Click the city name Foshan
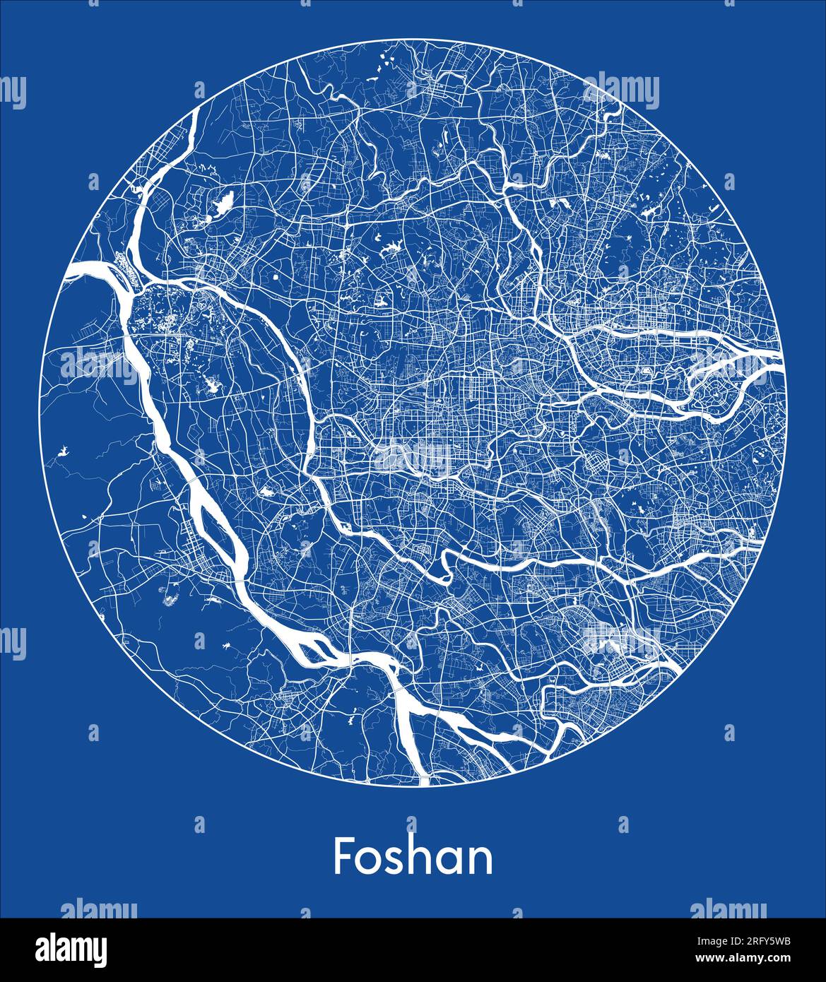point(413,856)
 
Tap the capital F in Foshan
point(344,856)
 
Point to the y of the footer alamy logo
point(99,952)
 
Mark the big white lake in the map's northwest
point(221,206)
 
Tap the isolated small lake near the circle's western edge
point(63,450)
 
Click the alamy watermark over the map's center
point(413,458)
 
